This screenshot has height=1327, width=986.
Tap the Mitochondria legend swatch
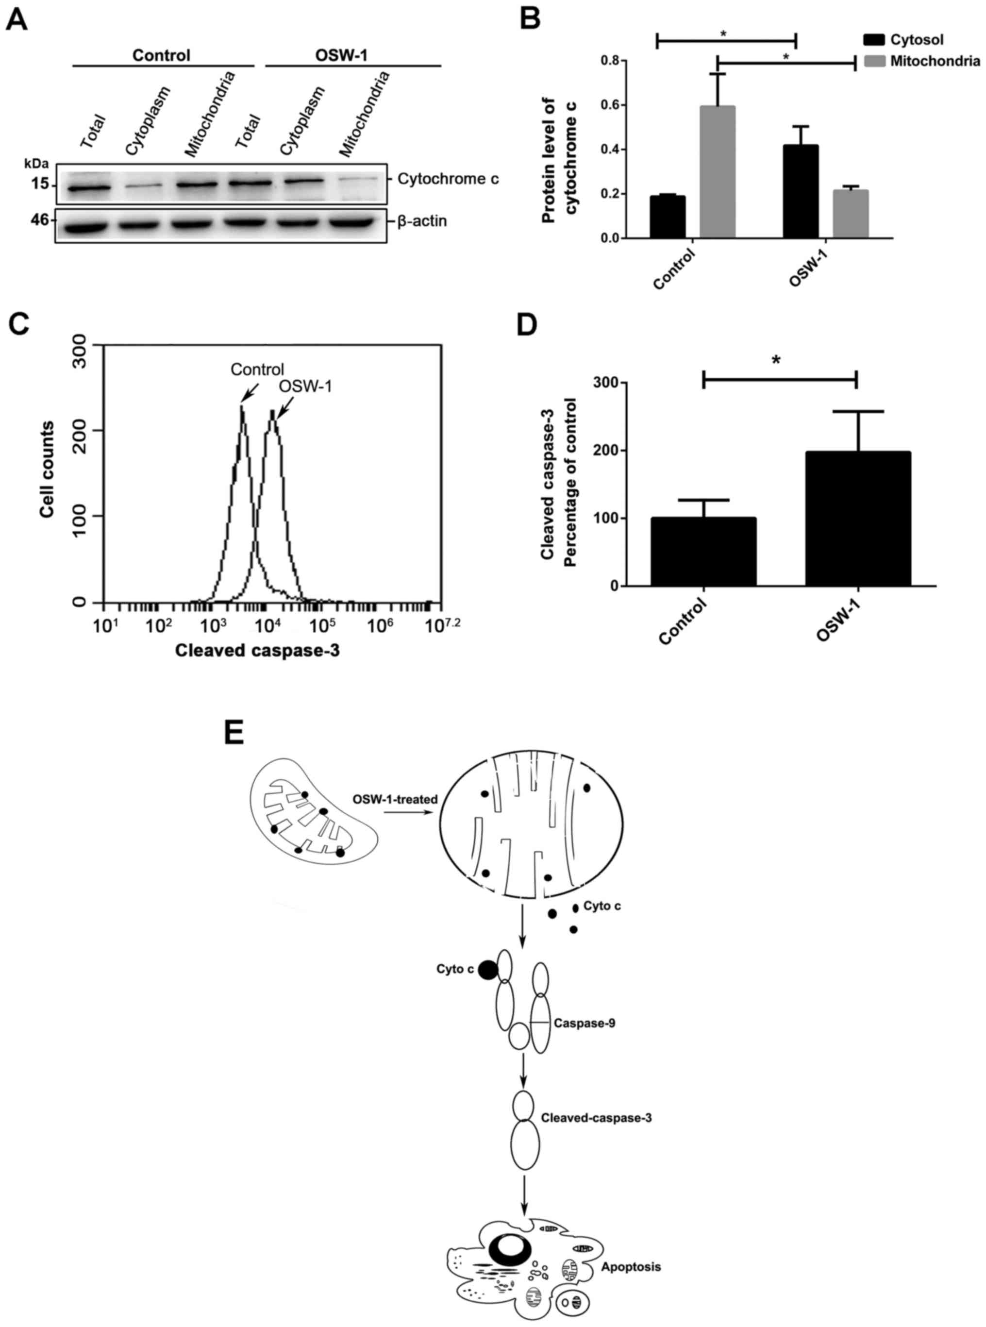click(874, 61)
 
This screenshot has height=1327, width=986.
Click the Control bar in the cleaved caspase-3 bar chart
click(703, 552)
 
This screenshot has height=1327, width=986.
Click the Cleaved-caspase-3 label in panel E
click(596, 1117)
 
